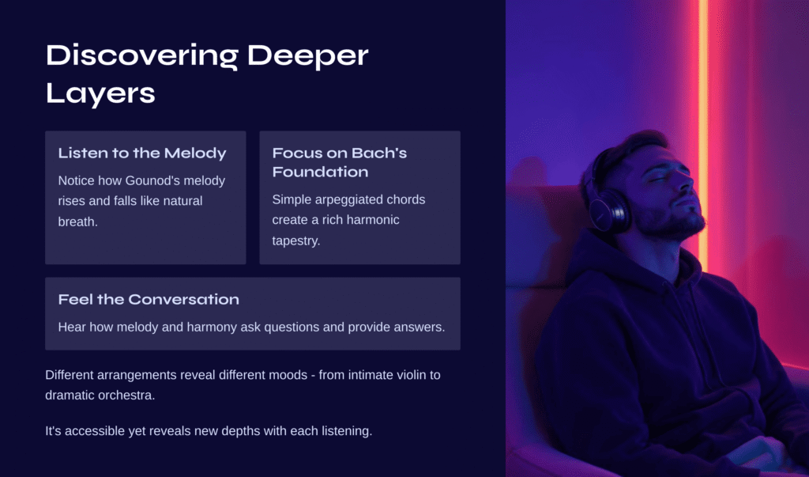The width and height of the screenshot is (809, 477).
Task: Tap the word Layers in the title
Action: (x=100, y=94)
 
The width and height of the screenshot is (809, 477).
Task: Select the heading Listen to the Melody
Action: (x=142, y=153)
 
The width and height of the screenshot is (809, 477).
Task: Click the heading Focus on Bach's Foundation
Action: (x=340, y=162)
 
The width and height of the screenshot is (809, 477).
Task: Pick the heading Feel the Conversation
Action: (x=149, y=299)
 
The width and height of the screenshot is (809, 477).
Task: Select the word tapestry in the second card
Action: (x=296, y=240)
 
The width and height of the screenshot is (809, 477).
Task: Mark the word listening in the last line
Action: (x=347, y=432)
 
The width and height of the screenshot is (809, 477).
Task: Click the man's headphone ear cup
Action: (x=609, y=210)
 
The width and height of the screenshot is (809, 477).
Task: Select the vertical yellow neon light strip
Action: (x=703, y=129)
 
